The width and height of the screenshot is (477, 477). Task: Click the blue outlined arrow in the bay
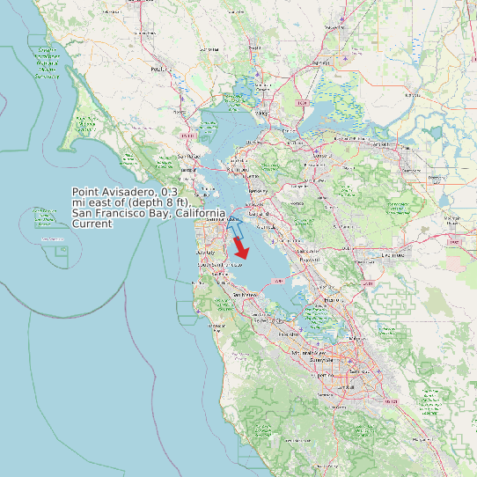coord(236,225)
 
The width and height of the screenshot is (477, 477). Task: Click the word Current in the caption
coord(92,224)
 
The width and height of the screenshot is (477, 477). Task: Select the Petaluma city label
coord(159,69)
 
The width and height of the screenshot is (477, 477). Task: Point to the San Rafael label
coord(185,156)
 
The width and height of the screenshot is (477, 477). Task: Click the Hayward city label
coord(306,261)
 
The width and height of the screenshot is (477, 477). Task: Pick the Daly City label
coord(205,253)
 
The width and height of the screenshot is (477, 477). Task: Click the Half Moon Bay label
coord(216,325)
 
